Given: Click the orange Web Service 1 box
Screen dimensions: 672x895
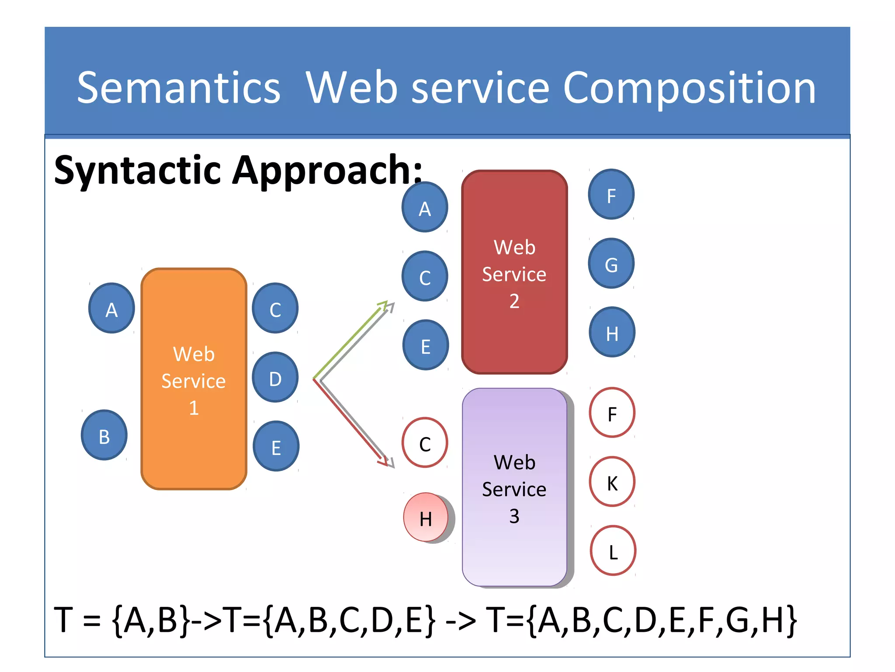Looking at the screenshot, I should (x=194, y=379).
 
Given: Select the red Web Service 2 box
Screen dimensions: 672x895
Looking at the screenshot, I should (x=514, y=272).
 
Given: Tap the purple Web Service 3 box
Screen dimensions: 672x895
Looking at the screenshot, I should (x=514, y=487).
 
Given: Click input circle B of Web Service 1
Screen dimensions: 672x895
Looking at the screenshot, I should (x=104, y=435).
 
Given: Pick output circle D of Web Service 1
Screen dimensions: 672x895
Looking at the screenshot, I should (x=275, y=378).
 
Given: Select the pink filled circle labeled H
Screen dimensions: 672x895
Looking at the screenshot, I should (x=426, y=518).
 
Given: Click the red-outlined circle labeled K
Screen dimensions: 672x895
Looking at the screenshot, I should (x=612, y=482).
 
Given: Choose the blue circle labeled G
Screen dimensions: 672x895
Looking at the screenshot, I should (x=611, y=263).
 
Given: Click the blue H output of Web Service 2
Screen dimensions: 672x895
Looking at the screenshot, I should (x=612, y=332).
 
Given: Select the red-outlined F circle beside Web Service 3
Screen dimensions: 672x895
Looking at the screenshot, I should (x=612, y=413).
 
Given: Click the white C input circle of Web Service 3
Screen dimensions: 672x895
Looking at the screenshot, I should (x=425, y=443).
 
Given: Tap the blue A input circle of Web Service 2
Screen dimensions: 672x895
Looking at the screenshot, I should (x=425, y=207).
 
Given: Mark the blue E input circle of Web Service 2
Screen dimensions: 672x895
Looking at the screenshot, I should (x=426, y=345).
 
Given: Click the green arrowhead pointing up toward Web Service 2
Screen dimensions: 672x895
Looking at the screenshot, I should (x=383, y=304).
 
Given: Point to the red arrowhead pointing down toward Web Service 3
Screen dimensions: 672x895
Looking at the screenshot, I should (x=383, y=461).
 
